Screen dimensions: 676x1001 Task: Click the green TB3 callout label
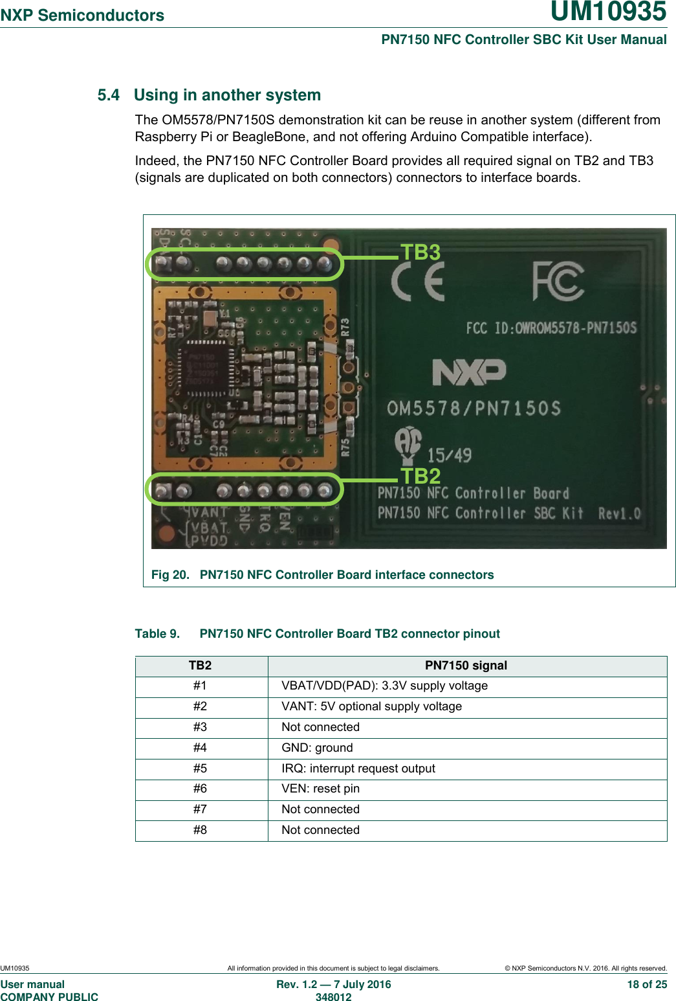coord(420,252)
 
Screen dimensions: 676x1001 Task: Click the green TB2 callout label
coord(420,476)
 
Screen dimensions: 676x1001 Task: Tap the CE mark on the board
coord(417,284)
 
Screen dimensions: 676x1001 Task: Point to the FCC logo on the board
coord(558,281)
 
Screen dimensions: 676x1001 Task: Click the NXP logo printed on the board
coord(469,372)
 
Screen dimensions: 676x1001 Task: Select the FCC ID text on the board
coord(551,328)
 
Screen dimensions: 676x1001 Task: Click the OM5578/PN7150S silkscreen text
coord(474,408)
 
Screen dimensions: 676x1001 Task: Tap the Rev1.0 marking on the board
coord(619,513)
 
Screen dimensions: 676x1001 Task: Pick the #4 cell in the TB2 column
coord(201,748)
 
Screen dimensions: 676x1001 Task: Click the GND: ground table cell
coord(317,748)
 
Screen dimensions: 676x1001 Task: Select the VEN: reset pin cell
coord(320,789)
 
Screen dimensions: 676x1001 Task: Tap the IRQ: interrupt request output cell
coord(358,769)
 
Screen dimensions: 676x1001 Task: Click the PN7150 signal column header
coord(466,666)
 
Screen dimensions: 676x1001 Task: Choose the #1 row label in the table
coord(201,686)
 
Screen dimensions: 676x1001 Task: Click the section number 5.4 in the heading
coord(109,95)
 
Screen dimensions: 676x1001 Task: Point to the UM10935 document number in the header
coord(608,12)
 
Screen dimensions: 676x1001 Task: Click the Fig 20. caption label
coord(170,575)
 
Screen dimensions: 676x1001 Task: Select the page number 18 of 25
coord(646,984)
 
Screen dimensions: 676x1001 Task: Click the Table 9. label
coord(157,634)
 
